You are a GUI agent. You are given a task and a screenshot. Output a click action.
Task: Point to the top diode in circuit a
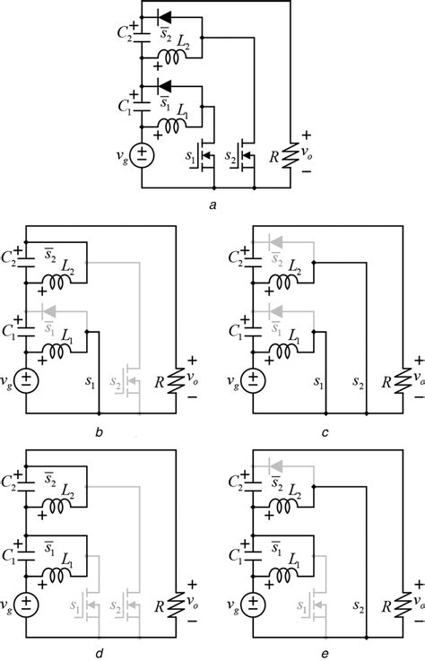click(x=163, y=15)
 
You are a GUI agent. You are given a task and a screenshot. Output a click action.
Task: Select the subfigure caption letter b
click(x=100, y=434)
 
